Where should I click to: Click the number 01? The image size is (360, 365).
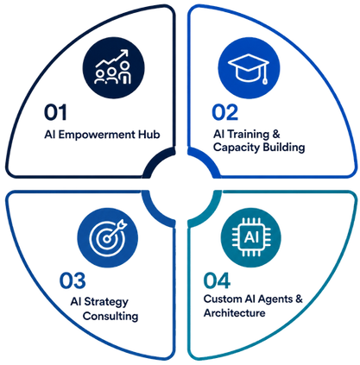click(55, 112)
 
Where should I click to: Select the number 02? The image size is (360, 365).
click(225, 112)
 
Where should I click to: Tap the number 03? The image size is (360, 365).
click(73, 280)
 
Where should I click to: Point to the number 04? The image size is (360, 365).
click(217, 280)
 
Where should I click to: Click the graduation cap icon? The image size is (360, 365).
click(249, 68)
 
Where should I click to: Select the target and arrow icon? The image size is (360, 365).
click(108, 237)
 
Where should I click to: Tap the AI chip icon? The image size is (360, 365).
click(251, 237)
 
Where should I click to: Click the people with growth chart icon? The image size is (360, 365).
click(113, 67)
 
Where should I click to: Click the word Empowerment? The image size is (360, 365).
click(97, 135)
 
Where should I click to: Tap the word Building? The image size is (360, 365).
click(284, 148)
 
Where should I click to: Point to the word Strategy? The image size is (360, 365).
click(106, 303)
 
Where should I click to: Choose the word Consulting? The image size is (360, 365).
click(111, 316)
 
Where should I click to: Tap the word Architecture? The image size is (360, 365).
click(235, 312)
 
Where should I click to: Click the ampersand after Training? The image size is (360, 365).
click(275, 135)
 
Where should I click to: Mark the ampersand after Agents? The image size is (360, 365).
click(299, 299)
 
